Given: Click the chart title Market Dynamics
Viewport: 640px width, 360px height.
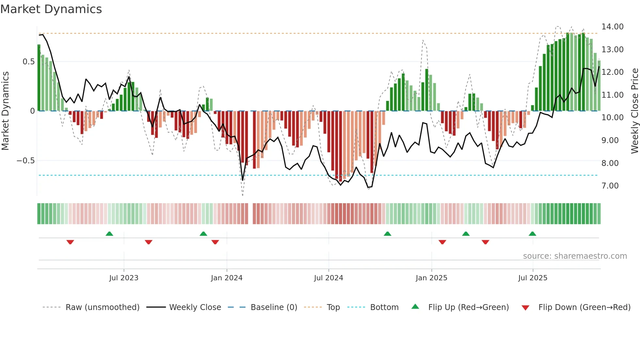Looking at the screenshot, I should pyautogui.click(x=51, y=9).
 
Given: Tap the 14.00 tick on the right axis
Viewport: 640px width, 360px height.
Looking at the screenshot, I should pyautogui.click(x=612, y=27).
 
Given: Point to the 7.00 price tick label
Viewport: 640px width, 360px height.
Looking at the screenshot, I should pyautogui.click(x=610, y=186).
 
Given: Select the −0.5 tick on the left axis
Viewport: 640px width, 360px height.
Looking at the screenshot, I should pyautogui.click(x=25, y=161).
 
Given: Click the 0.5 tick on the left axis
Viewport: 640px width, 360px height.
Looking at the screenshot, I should pyautogui.click(x=28, y=62).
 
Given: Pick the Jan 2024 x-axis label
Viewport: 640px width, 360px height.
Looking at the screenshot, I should pyautogui.click(x=227, y=278).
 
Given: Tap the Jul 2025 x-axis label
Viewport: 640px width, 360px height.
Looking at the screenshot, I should pyautogui.click(x=533, y=278).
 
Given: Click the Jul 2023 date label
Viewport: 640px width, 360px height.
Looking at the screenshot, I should pyautogui.click(x=124, y=278).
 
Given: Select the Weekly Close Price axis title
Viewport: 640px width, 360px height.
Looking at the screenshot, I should pyautogui.click(x=634, y=111).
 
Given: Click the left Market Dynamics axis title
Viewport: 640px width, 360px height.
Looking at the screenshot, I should pyautogui.click(x=5, y=111).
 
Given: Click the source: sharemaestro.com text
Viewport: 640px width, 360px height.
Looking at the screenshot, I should pyautogui.click(x=575, y=256).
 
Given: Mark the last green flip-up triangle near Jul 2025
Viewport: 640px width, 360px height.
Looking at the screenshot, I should pyautogui.click(x=532, y=234).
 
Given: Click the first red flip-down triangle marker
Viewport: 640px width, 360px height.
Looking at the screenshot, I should pyautogui.click(x=70, y=242).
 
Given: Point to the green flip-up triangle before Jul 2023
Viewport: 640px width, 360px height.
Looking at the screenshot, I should pyautogui.click(x=109, y=234).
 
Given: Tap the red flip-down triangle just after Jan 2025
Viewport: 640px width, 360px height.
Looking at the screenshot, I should pyautogui.click(x=442, y=242).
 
